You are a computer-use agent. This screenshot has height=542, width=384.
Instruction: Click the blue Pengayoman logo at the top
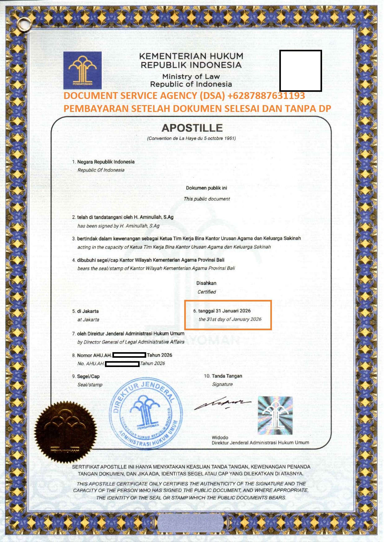point(82,70)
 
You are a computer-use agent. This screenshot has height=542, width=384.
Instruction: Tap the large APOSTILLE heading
point(192,128)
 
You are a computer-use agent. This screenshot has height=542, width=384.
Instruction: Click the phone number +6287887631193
point(266,96)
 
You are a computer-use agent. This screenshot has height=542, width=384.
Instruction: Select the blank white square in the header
point(300,70)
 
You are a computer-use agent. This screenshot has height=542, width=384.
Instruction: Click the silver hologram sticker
point(275,415)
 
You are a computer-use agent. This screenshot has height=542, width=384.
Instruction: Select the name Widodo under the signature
point(220,437)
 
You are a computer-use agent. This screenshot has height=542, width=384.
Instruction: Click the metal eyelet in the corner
point(22,23)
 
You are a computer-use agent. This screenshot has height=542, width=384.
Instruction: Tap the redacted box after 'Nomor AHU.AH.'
point(129,355)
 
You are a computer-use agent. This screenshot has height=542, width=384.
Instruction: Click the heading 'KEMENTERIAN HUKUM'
point(191,56)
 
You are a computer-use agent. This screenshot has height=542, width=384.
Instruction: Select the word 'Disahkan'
point(206,283)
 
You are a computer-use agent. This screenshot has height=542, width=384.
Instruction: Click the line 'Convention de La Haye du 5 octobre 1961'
point(191,138)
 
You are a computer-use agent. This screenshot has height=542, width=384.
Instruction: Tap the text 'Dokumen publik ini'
point(206,188)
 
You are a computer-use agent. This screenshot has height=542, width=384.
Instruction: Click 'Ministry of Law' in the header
point(191,76)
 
